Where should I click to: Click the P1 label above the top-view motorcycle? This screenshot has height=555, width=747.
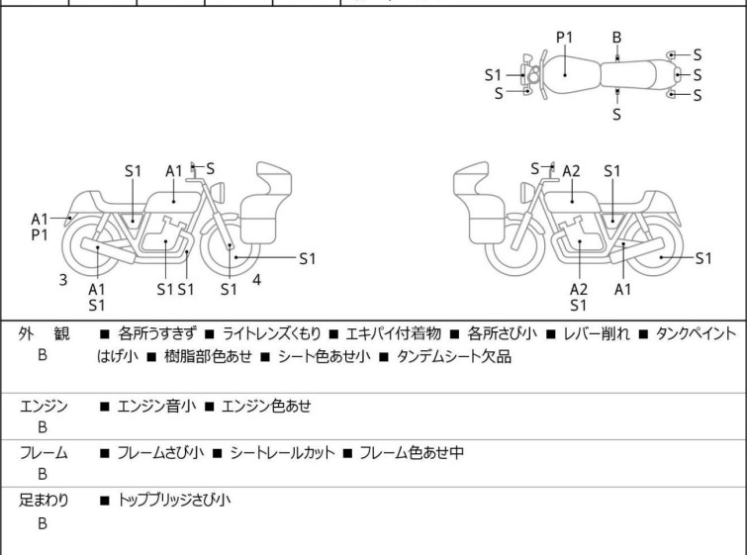[565, 38]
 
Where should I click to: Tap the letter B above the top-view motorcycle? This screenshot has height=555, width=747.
[616, 38]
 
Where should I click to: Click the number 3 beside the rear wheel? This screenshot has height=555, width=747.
[63, 280]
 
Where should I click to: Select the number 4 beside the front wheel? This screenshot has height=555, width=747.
[256, 280]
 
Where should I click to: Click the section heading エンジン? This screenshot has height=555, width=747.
[45, 405]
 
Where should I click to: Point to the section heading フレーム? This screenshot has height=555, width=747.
[45, 453]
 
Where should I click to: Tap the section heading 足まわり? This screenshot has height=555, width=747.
[45, 501]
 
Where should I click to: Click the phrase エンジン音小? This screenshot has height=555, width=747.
[156, 405]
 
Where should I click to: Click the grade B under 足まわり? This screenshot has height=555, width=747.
[43, 524]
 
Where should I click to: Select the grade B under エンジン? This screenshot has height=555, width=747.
[43, 428]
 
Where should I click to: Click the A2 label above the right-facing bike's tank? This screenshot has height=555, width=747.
[571, 171]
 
